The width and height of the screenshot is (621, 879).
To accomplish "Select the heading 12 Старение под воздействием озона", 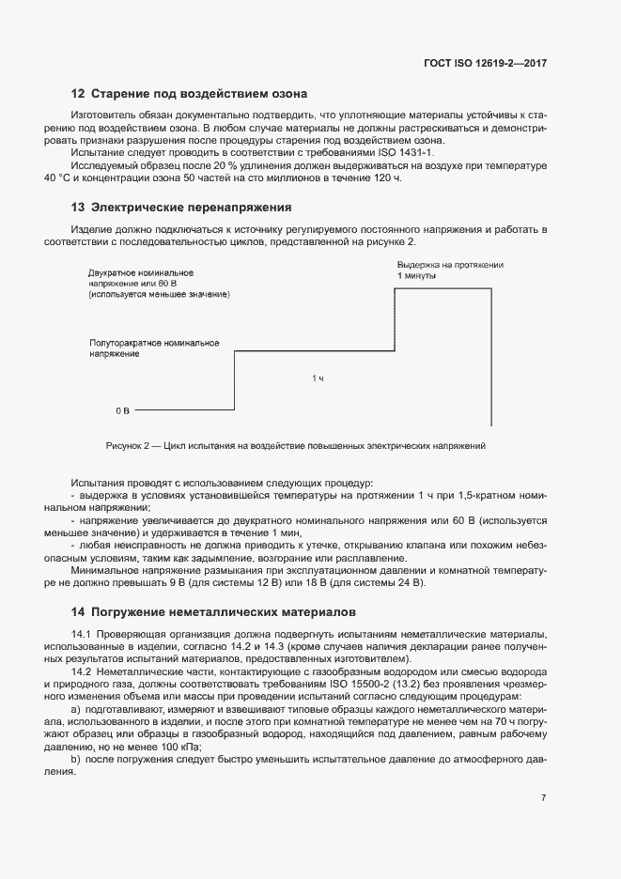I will tap(190, 93).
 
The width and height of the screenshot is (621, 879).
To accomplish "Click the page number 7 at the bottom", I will tap(543, 797).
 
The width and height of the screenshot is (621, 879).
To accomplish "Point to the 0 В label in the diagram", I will tap(122, 410).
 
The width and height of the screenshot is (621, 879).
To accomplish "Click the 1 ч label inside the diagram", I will tap(318, 378).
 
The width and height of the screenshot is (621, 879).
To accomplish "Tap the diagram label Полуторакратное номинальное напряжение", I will tap(154, 348).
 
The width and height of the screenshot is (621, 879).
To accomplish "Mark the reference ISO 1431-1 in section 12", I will tap(408, 151).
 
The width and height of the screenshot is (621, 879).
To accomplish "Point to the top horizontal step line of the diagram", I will tap(443, 289).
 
